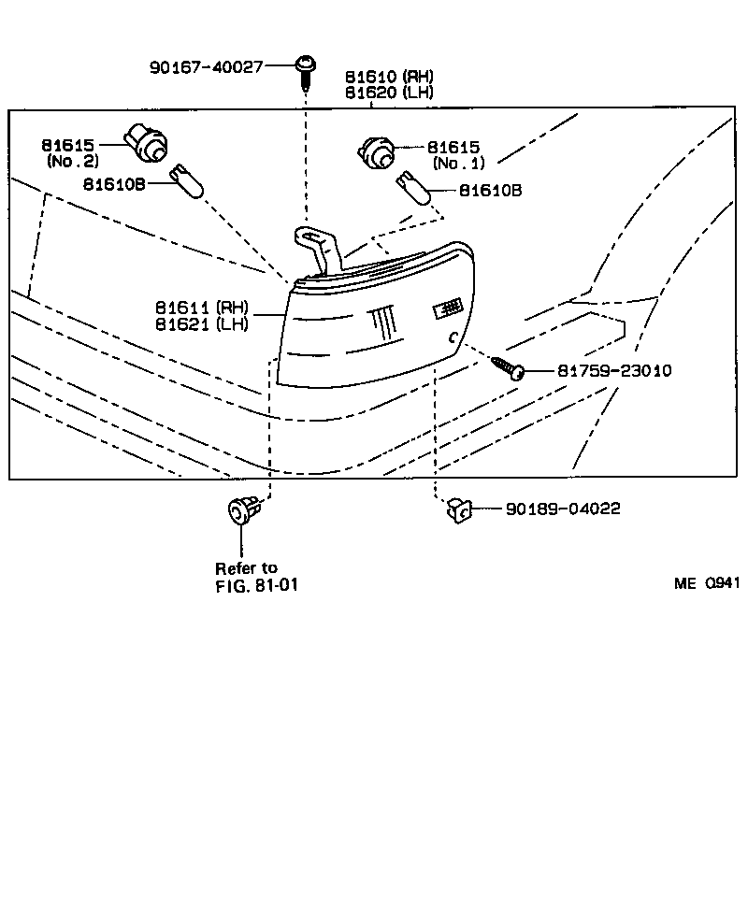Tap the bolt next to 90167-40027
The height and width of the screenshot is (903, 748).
pos(306,71)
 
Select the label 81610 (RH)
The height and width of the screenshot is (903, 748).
pos(390,77)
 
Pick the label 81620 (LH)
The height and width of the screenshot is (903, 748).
pos(390,93)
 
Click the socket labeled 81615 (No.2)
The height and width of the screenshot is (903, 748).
pos(149,143)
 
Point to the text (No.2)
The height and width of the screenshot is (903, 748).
pos(72,161)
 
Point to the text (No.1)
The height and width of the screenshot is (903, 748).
pos(458,164)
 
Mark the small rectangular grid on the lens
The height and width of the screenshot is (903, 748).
pos(450,308)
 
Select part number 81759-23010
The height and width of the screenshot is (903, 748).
pos(614,371)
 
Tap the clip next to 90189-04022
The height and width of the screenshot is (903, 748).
pos(458,509)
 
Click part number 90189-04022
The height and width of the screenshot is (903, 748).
pos(563,509)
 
